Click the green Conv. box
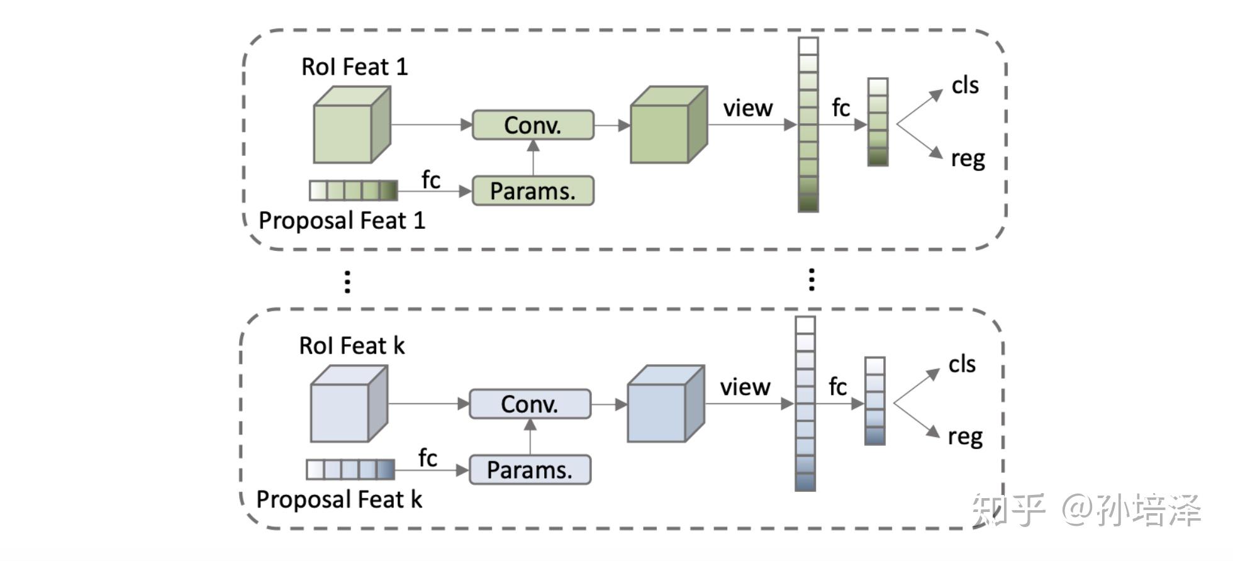point(532,125)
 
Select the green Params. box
point(532,191)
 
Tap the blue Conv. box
point(530,404)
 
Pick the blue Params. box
point(530,470)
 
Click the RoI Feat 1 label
point(354,67)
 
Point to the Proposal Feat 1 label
point(342,221)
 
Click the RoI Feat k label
point(351,346)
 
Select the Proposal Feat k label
point(339,499)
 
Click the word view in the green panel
point(747,108)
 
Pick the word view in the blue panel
point(745,387)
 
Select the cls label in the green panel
point(964,86)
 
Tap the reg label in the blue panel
point(964,436)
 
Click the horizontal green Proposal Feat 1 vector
point(353,191)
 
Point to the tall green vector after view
point(808,125)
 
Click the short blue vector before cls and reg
point(874,401)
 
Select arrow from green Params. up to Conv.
point(533,157)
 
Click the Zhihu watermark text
point(1086,509)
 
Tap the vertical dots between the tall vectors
point(812,279)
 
